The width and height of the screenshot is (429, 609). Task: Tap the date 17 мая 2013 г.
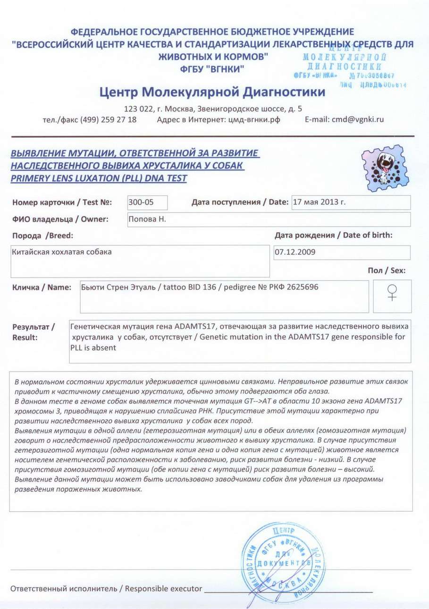[x=320, y=203]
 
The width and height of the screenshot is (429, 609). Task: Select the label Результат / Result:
[x=34, y=332]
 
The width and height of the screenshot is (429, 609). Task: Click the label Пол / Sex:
[x=387, y=271]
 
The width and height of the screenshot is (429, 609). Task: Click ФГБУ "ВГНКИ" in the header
[x=212, y=69]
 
